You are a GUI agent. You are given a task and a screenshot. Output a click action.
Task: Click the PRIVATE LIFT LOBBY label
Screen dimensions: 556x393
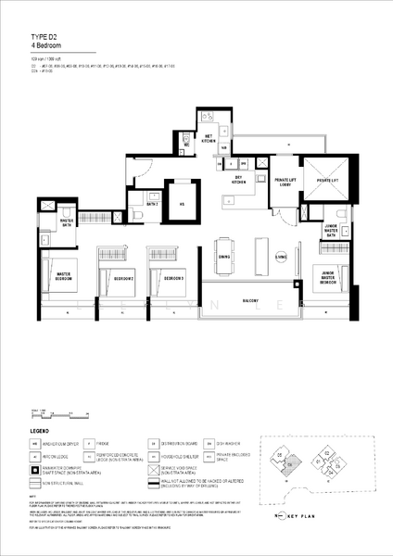(284, 182)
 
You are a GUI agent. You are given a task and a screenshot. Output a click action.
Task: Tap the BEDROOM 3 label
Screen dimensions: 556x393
(174, 278)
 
